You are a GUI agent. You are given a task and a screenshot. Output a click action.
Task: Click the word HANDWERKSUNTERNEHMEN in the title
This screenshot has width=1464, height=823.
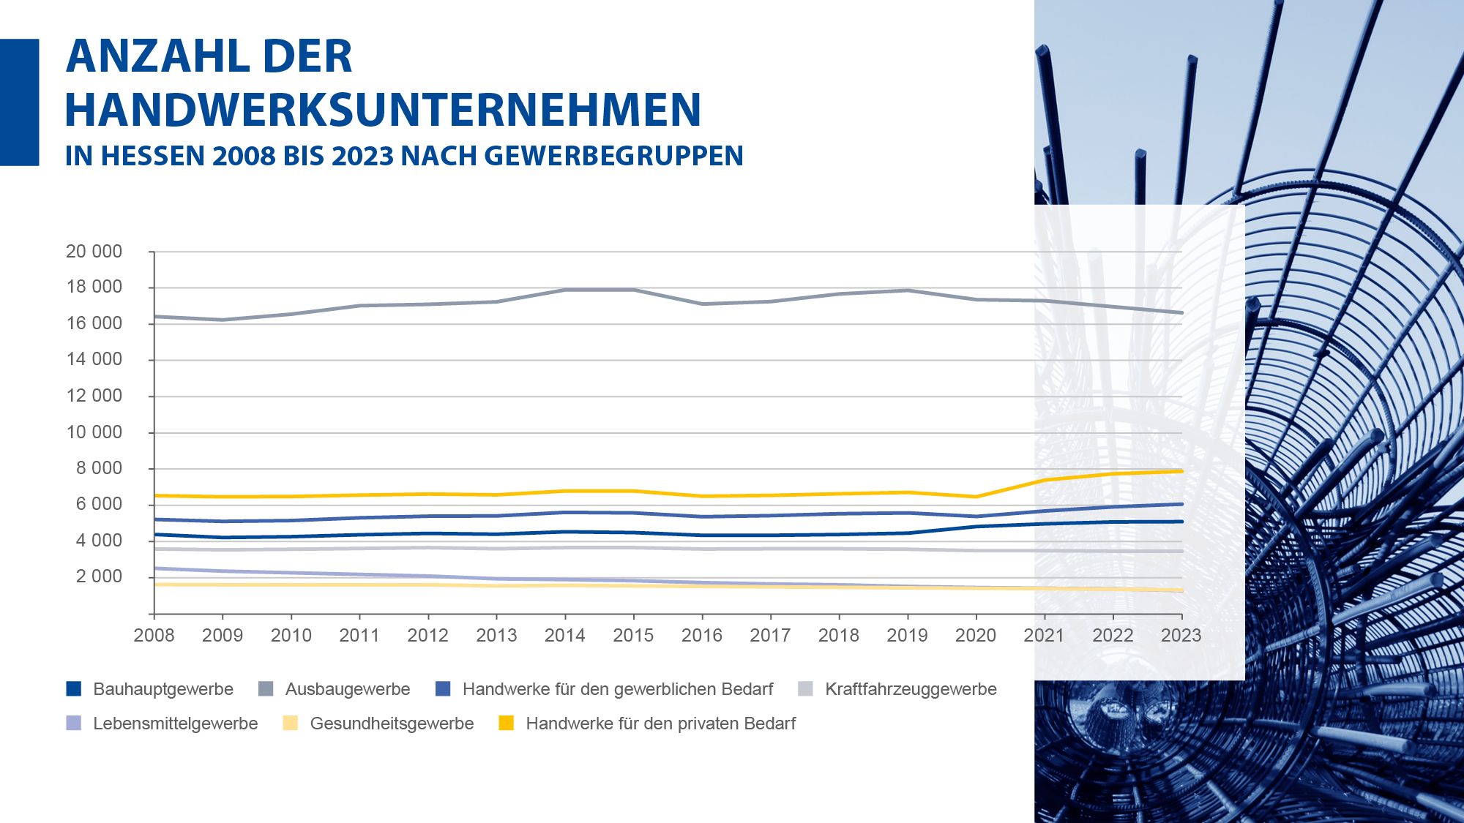pos(383,110)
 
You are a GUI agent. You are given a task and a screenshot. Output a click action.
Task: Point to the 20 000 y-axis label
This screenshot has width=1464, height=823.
pos(94,252)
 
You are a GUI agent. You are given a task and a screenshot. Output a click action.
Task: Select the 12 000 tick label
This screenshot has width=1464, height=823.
pos(94,396)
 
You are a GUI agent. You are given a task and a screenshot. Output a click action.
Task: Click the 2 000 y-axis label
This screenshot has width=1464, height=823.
pos(99,576)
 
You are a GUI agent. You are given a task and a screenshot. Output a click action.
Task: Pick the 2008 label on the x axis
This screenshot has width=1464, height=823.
pos(154,635)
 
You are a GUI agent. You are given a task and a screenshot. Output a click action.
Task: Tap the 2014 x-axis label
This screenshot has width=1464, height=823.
pos(564,635)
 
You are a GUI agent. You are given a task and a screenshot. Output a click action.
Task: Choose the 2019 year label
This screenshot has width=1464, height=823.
pos(907,635)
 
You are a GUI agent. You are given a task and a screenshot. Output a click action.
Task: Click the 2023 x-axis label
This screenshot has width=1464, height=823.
pos(1181,635)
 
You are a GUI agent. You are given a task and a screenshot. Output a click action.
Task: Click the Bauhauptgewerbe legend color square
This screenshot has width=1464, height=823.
pos(73,688)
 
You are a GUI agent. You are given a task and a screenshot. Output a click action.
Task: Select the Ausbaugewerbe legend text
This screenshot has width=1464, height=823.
pos(347,689)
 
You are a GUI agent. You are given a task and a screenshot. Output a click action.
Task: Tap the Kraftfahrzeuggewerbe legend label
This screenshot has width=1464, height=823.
pos(911,689)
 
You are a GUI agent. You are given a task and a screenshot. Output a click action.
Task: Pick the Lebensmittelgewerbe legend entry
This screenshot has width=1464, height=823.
pos(175,724)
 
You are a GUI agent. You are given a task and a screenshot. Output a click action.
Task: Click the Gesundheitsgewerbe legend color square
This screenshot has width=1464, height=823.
pos(291,723)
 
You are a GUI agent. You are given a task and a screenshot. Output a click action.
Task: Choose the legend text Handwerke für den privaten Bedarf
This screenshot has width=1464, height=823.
pos(660,724)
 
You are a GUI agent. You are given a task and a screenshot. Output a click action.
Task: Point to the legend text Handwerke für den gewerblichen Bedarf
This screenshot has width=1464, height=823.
pos(617,689)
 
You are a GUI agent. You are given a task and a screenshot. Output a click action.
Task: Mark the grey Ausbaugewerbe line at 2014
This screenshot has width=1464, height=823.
pos(565,290)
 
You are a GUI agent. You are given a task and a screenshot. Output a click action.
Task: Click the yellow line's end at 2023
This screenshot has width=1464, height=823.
pos(1181,471)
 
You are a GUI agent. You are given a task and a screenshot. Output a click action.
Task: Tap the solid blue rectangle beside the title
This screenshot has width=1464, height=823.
pos(19,102)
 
